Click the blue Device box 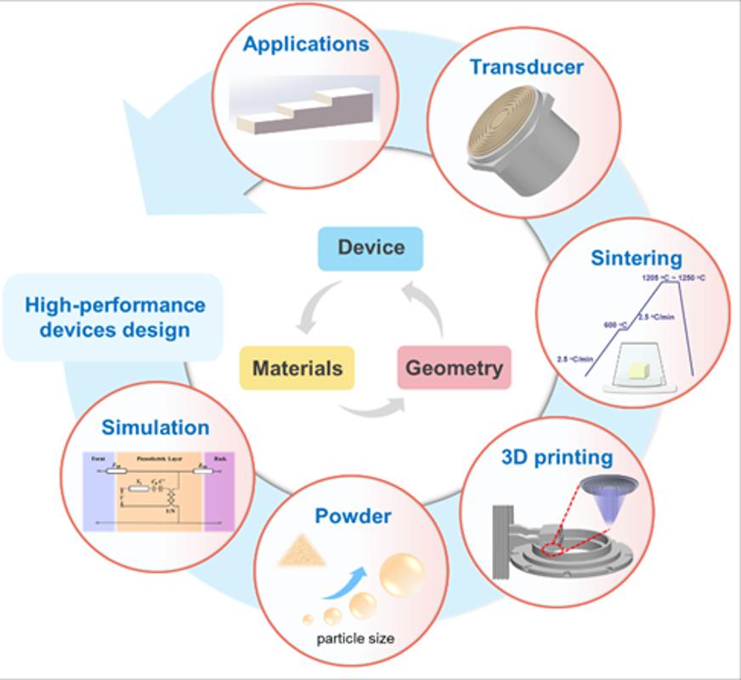[370, 248]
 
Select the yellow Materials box [297, 368]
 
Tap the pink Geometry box [454, 368]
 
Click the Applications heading [306, 44]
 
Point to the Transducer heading [527, 66]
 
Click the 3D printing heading [557, 457]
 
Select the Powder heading [354, 516]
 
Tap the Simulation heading [156, 427]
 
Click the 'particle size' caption [354, 637]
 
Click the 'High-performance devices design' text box [115, 317]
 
